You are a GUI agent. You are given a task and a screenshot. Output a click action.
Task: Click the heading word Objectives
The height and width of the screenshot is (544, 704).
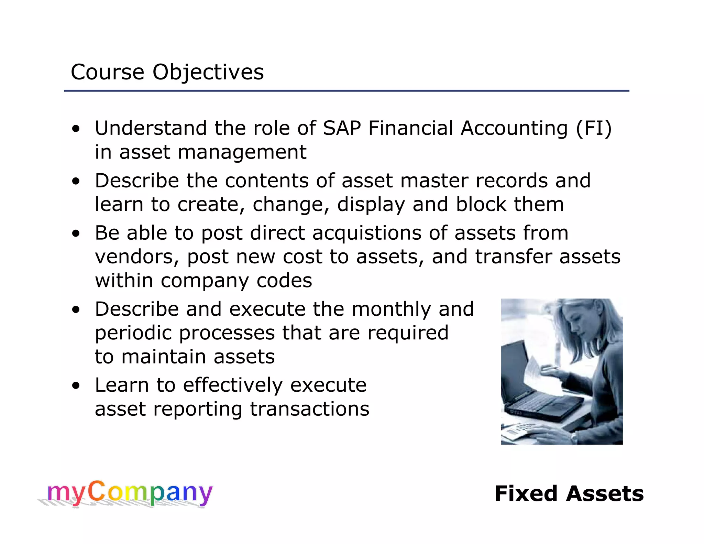[208, 73]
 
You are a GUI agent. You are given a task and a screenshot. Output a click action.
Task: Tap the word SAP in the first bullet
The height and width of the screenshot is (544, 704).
[342, 128]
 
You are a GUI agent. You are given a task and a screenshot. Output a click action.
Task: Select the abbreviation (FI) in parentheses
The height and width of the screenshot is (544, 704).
[594, 128]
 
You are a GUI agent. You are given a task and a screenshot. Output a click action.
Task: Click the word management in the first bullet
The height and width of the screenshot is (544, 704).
[242, 152]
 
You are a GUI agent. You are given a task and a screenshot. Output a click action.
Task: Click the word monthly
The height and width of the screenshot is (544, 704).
[391, 309]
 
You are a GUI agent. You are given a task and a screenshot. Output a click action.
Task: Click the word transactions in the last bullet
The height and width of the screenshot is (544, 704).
[309, 409]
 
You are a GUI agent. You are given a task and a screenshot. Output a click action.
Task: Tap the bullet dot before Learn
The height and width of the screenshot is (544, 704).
[76, 386]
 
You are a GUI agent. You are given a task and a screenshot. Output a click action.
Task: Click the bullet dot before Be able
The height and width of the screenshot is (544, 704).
[76, 234]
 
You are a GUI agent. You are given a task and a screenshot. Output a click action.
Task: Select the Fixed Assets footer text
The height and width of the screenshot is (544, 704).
[569, 494]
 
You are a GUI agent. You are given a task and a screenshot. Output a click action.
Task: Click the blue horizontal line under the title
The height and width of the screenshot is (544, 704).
[346, 91]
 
